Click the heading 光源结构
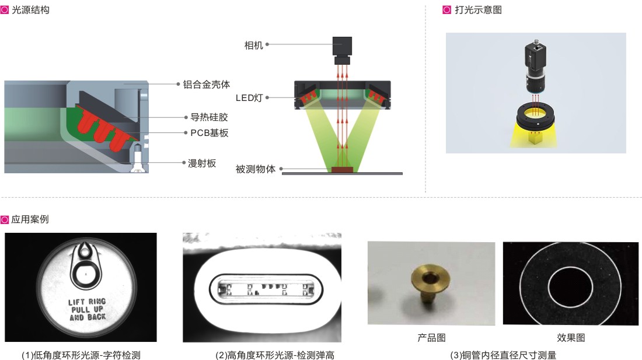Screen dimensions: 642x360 point(31,10)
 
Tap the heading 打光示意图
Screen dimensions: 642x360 point(478,10)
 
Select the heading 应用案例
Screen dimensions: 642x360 point(30,219)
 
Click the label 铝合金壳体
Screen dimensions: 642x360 point(207,84)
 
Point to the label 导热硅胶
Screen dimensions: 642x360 point(209,117)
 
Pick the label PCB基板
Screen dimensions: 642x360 point(209,133)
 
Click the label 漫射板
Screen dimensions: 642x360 point(202,163)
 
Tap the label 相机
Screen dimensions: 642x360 point(253,45)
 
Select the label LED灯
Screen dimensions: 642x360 point(249,98)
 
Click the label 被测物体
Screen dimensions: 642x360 point(256,169)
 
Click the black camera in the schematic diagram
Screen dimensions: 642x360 point(342,51)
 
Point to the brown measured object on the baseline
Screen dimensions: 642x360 point(342,170)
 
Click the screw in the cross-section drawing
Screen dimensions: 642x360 point(137,158)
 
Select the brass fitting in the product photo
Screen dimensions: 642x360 point(430,283)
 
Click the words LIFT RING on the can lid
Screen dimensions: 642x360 point(87,302)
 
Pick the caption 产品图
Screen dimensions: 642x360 point(431,337)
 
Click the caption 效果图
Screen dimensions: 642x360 point(571,337)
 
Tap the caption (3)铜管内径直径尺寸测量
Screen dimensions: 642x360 point(503,355)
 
